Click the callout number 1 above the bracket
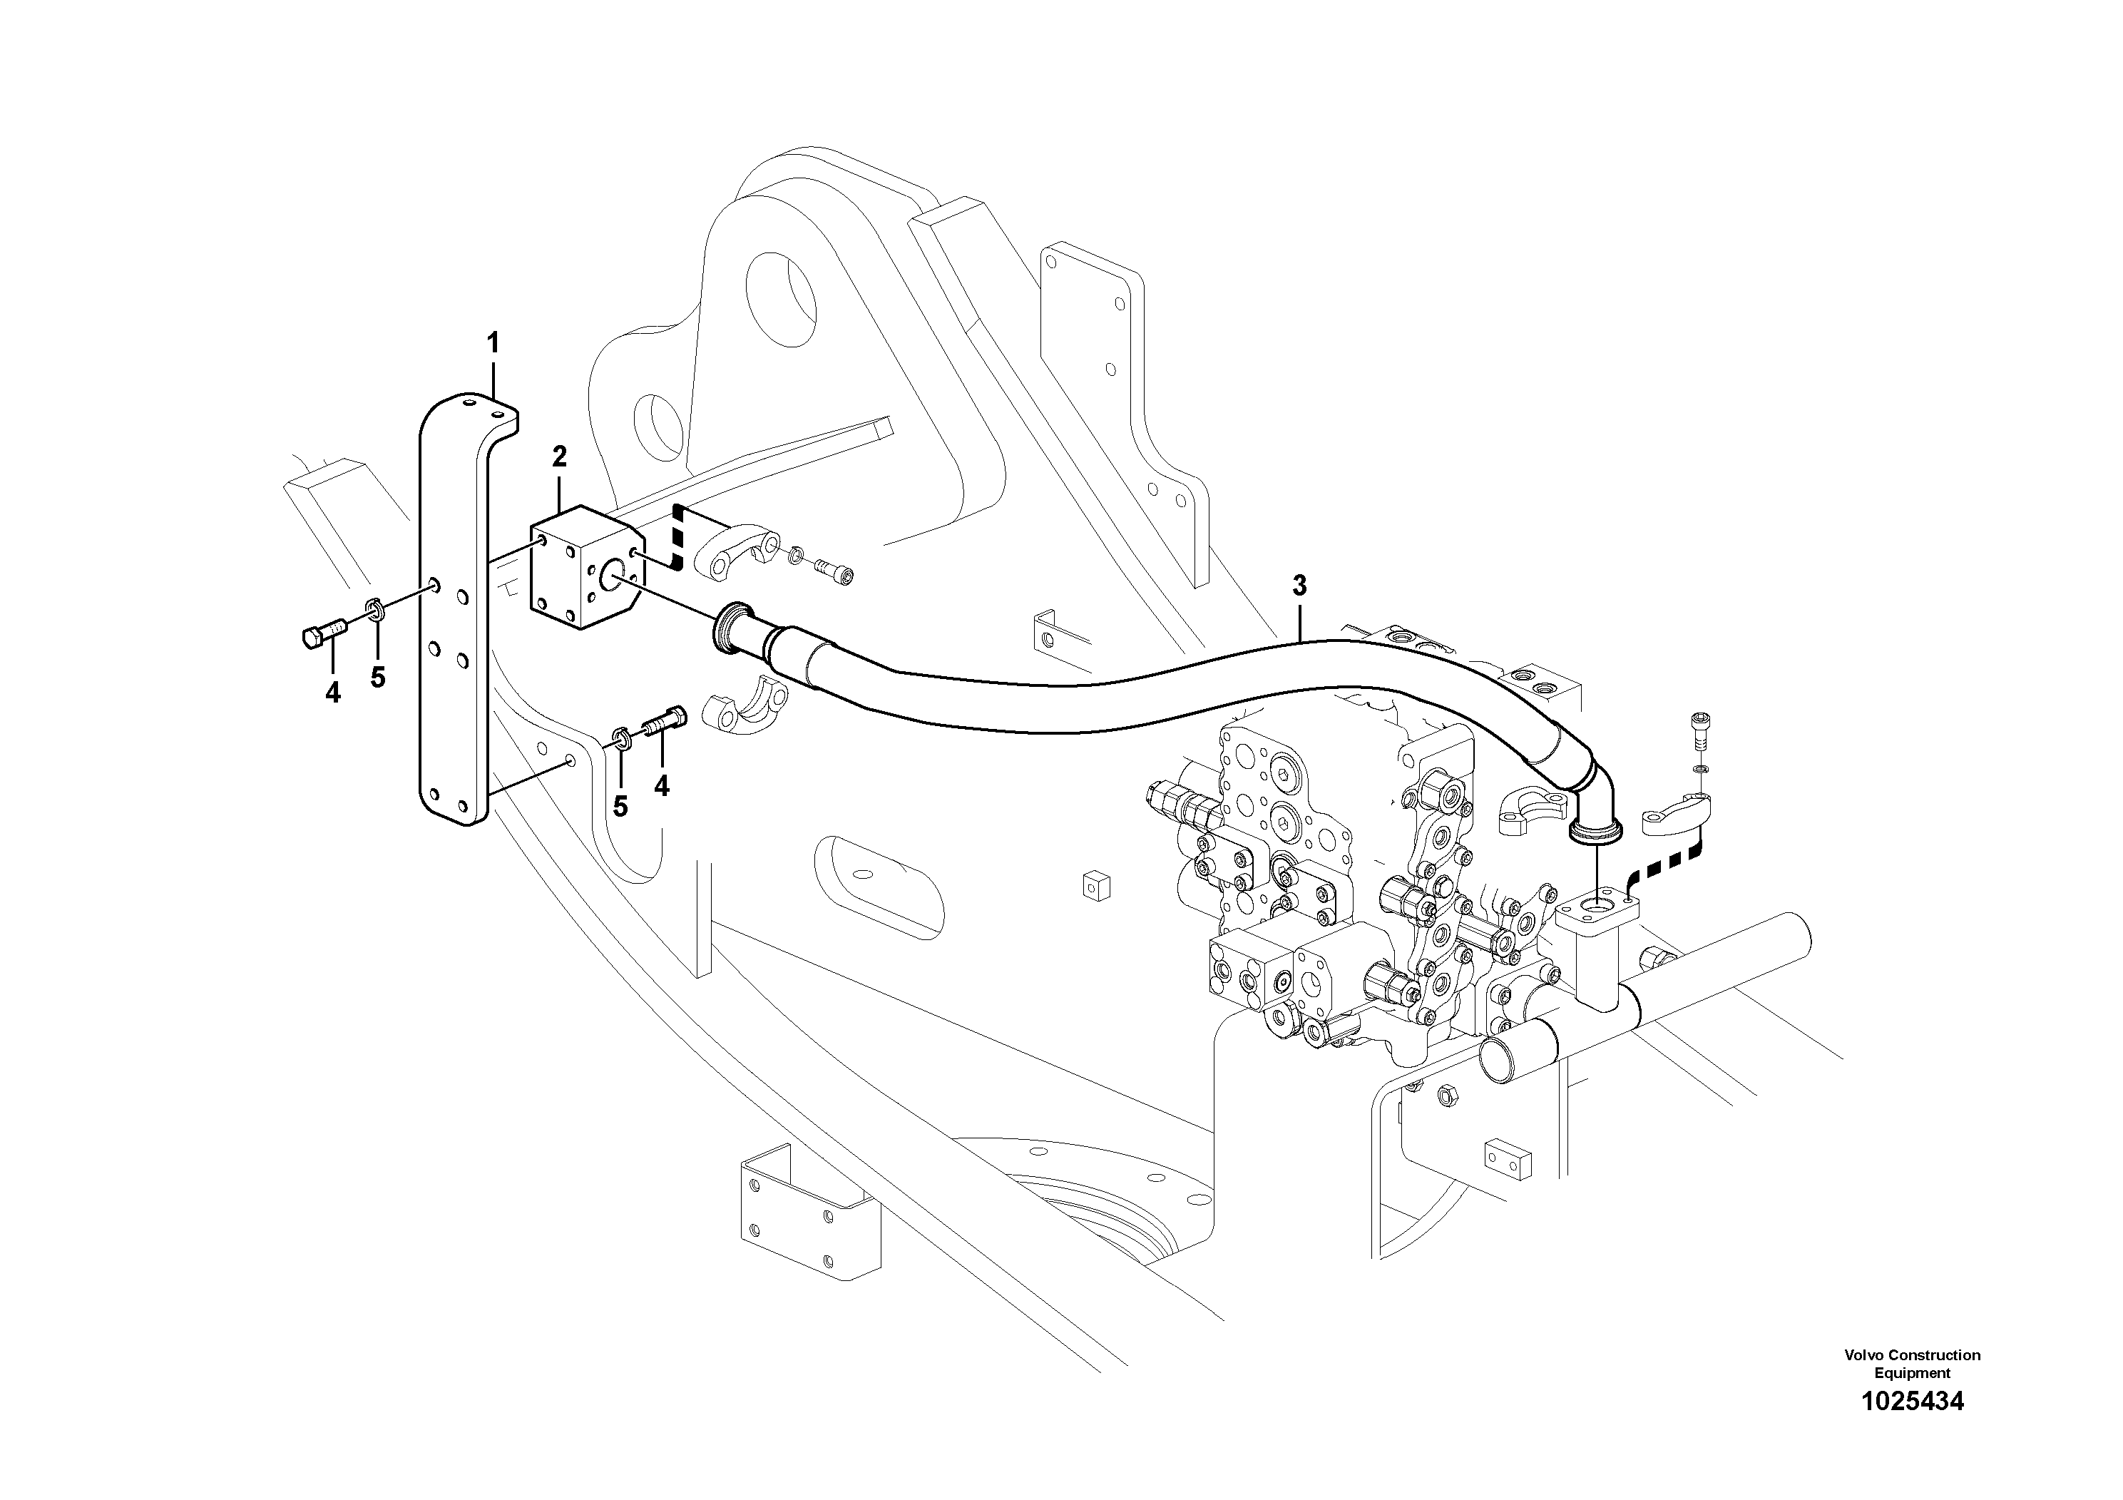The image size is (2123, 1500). [x=493, y=343]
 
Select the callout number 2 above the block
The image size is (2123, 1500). [x=558, y=456]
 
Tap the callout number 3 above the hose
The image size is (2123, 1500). [x=1299, y=584]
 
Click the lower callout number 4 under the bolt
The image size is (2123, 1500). [x=661, y=786]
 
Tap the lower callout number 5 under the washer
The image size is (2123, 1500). [x=620, y=807]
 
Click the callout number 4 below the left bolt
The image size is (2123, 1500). [x=333, y=692]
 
